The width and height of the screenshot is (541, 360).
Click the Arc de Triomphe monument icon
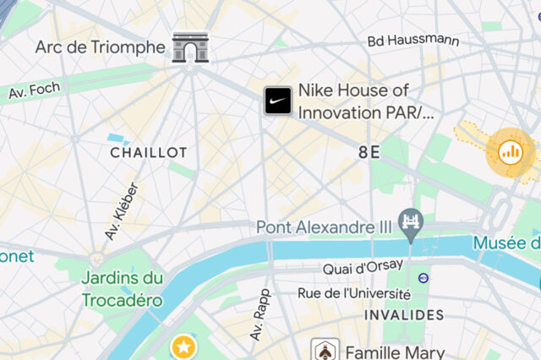tap(190, 47)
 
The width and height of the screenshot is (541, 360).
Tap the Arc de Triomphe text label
tap(101, 47)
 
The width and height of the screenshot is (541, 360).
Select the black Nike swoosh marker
tap(278, 101)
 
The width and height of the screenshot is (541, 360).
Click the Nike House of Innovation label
tap(365, 101)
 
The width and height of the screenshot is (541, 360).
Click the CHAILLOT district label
tap(149, 152)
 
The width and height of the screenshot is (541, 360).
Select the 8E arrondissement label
tap(369, 152)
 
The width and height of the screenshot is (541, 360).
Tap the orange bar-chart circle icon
tap(511, 151)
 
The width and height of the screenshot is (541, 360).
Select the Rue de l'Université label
tap(354, 293)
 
